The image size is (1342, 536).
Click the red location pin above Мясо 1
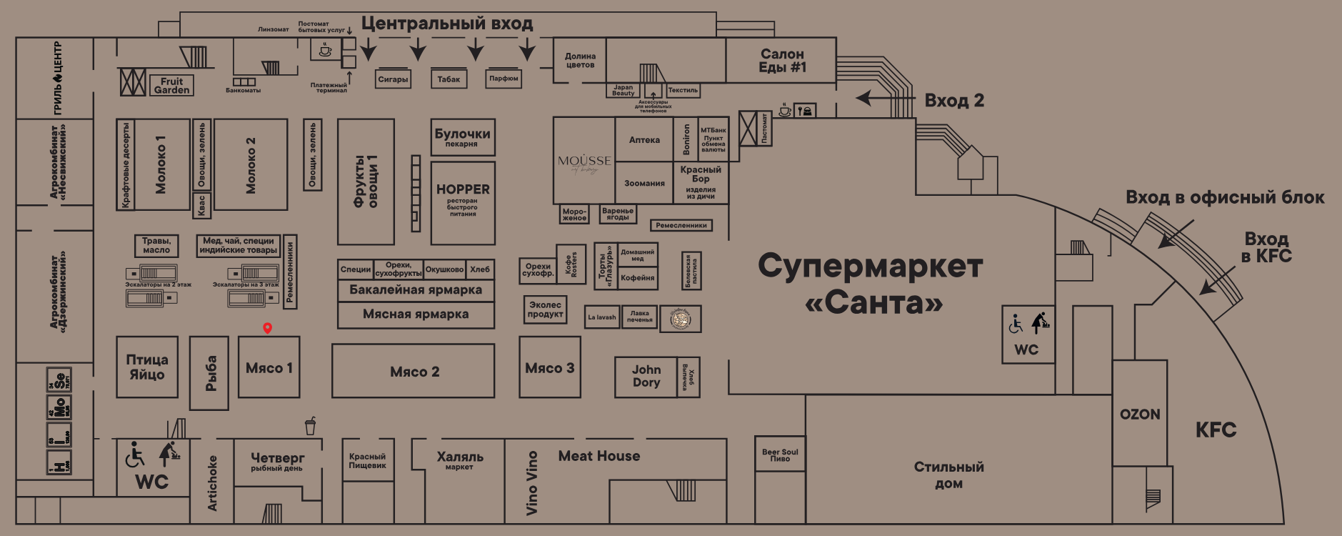point(267,328)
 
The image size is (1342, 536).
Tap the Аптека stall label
point(644,140)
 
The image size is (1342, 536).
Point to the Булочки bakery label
point(462,136)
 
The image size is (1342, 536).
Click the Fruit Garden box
point(171,85)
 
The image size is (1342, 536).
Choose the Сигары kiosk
point(393,79)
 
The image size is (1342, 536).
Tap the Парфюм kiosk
point(504,79)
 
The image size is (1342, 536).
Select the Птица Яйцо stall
point(147,367)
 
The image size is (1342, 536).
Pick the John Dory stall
point(646,376)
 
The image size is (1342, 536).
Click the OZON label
point(1140,415)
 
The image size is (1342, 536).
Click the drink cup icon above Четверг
point(310,426)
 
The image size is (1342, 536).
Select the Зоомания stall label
point(644,184)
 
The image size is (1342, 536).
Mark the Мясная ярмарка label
point(416,314)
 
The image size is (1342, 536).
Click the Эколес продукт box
point(545,309)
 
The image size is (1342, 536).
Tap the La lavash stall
point(601,317)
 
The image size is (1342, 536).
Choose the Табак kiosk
point(449,79)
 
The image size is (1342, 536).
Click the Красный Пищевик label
point(367,461)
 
